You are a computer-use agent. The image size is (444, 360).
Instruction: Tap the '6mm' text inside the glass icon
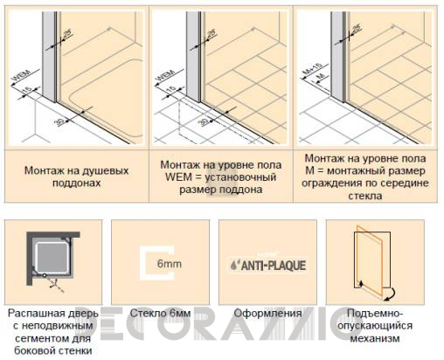(174, 261)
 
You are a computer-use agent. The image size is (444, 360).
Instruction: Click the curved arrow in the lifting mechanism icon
(387, 291)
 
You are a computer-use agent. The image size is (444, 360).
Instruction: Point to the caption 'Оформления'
(267, 313)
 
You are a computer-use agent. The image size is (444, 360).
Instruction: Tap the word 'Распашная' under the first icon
(52, 313)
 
